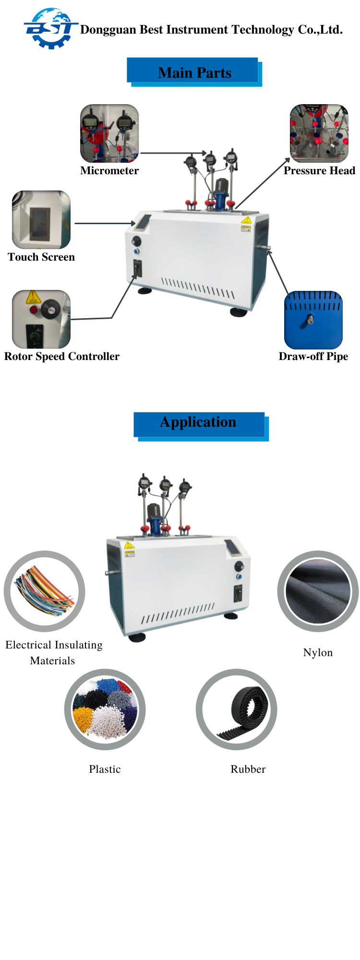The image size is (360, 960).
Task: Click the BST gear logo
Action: pos(50,29)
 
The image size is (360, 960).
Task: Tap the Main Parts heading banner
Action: pos(194,72)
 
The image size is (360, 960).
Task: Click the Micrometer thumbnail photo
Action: pos(109,133)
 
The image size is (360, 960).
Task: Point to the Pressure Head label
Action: pos(319,171)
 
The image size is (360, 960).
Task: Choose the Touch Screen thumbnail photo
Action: pos(41,220)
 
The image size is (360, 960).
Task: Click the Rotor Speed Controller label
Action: pos(62,357)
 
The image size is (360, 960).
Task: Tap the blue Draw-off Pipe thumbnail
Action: pos(313,320)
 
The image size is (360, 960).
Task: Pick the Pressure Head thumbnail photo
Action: pos(319,133)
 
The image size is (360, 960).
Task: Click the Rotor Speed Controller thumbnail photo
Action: pos(41,319)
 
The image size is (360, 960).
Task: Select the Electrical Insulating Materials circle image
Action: pos(45,591)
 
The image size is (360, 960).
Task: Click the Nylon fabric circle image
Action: pos(318,591)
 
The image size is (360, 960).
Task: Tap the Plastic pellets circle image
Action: pos(105,709)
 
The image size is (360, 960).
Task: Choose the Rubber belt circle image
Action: pos(236,709)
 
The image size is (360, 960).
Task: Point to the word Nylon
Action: pos(318,653)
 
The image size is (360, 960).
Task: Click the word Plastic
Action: pos(105,769)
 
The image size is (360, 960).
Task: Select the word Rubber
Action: pos(248,769)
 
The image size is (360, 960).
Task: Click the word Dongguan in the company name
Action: pos(108,30)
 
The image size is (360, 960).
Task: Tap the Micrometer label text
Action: pos(109,171)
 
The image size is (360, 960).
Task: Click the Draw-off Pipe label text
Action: pos(313,357)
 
